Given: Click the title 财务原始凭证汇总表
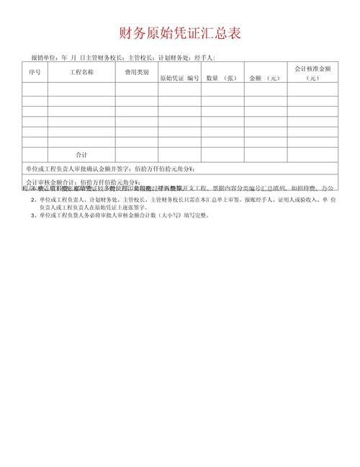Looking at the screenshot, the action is [180, 33].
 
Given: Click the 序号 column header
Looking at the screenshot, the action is [35, 73].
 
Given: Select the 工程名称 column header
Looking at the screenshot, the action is [81, 73].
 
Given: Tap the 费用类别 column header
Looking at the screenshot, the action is [137, 73].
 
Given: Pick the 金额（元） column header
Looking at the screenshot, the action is [264, 78].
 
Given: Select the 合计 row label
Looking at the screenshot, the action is [81, 155].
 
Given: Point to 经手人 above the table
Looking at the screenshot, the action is [203, 58].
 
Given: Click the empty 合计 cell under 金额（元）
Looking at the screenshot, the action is [264, 155].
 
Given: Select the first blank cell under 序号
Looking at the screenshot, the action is [35, 89].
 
